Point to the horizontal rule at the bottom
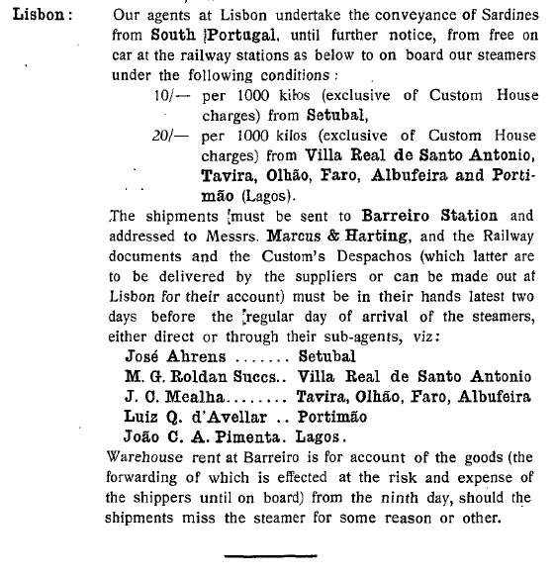point(264,558)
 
